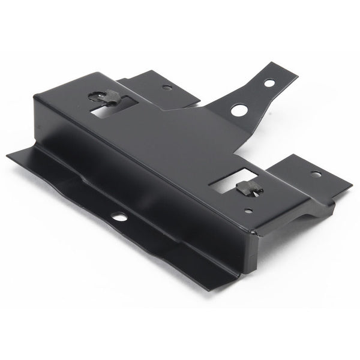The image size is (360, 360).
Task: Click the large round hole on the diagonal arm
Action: [x=238, y=110]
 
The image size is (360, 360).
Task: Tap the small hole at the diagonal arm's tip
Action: [x=269, y=82]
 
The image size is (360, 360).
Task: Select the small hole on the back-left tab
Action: [x=167, y=88]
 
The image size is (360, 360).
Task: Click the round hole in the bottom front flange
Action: [x=121, y=216]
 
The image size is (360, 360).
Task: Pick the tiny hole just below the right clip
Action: [x=248, y=211]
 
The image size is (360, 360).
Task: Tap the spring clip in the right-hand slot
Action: [x=248, y=188]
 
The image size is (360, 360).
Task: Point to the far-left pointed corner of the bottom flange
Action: [x=8, y=156]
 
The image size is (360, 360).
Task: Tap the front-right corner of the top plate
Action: [x=254, y=231]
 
